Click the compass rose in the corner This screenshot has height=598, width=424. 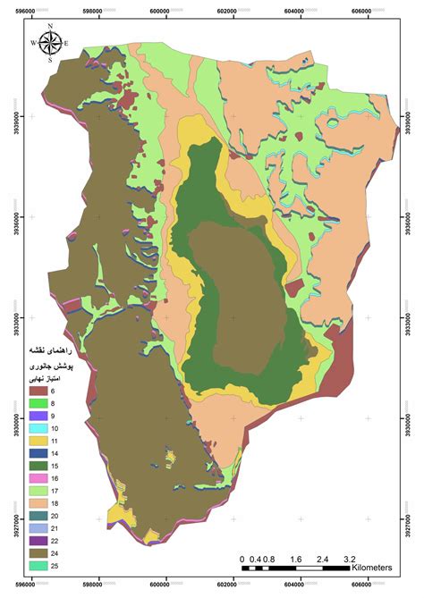51,42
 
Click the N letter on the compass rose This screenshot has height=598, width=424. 51,27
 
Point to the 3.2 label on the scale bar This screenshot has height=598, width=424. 350,559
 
